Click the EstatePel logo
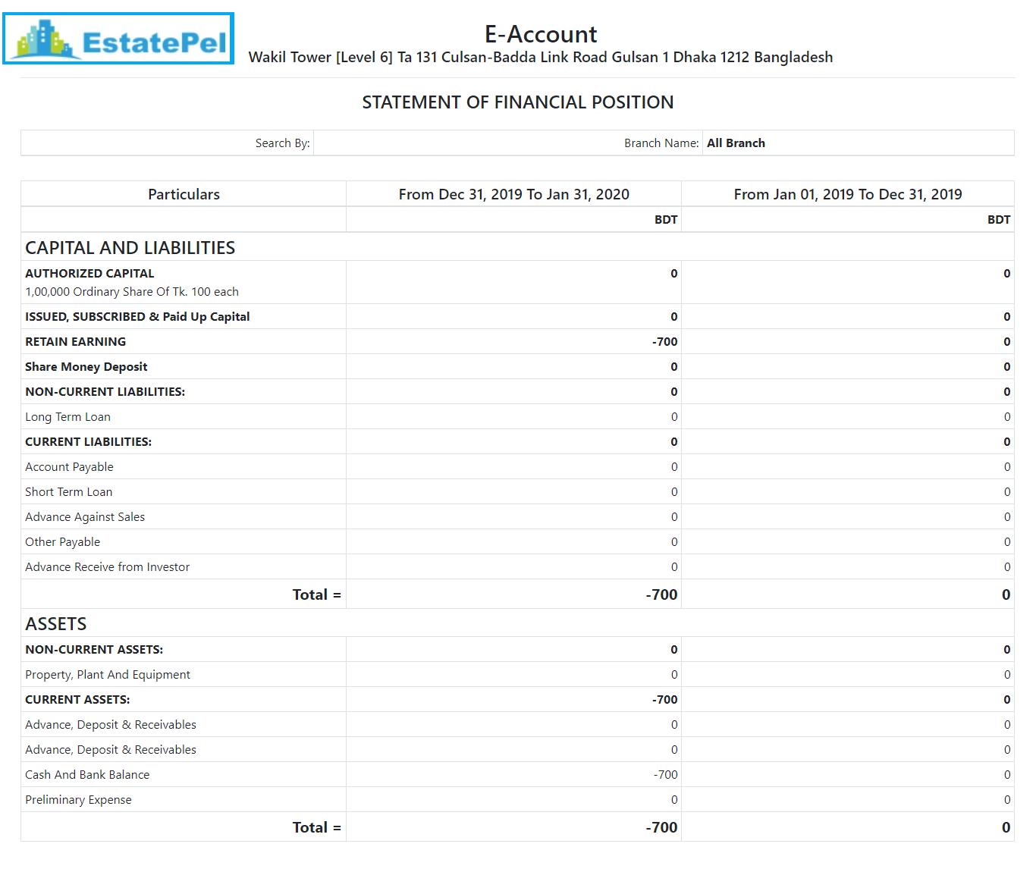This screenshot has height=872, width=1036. click(118, 39)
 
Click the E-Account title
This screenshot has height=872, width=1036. click(541, 34)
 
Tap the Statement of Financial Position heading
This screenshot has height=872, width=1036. click(517, 102)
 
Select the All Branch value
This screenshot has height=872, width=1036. click(736, 143)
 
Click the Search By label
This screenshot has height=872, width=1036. click(282, 143)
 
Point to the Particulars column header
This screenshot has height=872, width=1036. click(184, 194)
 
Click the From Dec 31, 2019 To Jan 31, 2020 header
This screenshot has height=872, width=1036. click(513, 194)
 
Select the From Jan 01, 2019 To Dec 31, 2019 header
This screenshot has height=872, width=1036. click(847, 194)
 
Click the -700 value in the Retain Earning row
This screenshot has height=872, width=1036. click(664, 342)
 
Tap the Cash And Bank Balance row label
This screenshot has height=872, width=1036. click(87, 775)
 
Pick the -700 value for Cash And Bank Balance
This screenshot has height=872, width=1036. click(665, 775)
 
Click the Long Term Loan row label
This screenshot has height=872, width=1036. click(67, 417)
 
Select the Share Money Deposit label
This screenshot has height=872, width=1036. click(86, 367)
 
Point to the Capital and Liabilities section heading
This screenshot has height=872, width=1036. click(130, 248)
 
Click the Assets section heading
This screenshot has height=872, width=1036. click(55, 624)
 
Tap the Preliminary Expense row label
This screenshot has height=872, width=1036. click(78, 800)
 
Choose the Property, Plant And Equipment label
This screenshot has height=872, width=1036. click(108, 675)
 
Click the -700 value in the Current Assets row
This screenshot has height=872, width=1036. click(664, 700)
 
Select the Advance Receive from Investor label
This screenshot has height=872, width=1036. click(107, 567)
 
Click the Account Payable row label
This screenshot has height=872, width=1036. click(69, 467)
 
